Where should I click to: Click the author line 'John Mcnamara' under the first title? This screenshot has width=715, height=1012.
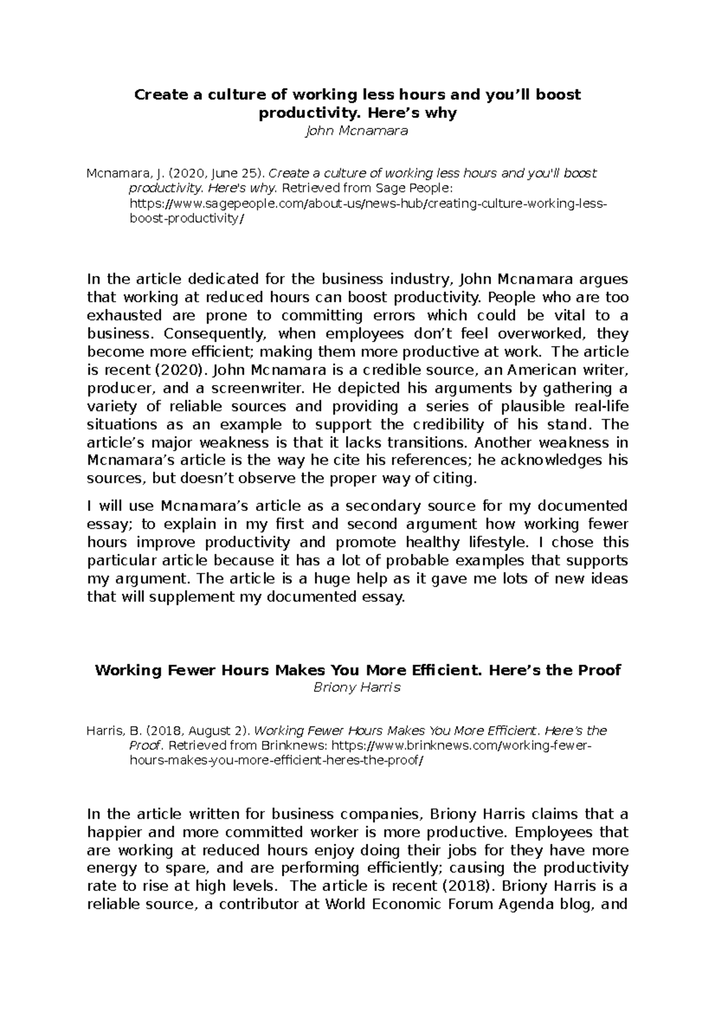click(x=356, y=131)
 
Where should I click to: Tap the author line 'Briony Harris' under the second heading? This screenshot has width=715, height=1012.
click(x=357, y=687)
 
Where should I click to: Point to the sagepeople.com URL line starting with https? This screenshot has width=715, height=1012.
click(x=368, y=204)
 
